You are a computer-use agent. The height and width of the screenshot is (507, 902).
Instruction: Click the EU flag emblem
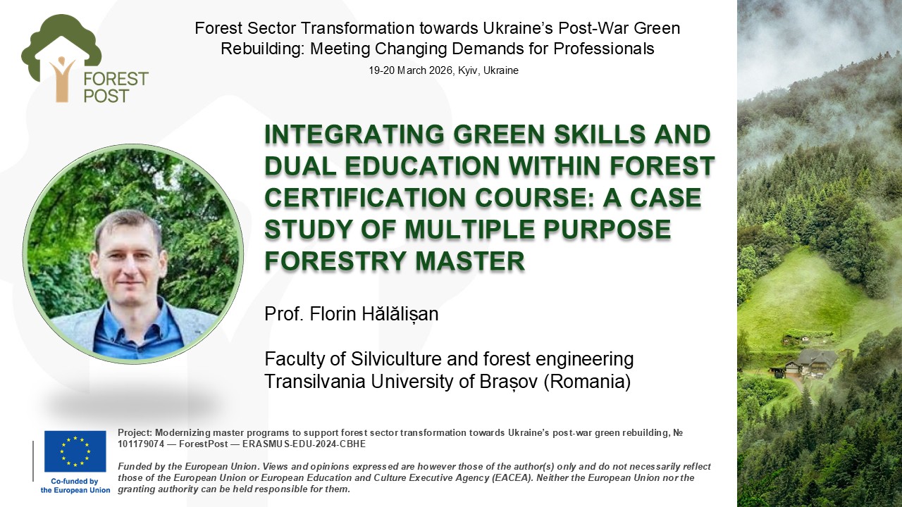[x=75, y=451]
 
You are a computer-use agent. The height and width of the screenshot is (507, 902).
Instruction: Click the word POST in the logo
[x=106, y=96]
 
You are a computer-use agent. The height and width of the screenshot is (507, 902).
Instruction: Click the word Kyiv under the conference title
[x=469, y=71]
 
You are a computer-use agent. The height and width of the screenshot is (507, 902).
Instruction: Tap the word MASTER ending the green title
[x=470, y=261]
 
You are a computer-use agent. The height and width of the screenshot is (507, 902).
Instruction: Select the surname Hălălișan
[x=400, y=314]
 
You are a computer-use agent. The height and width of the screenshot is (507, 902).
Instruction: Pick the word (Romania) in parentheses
[x=587, y=382]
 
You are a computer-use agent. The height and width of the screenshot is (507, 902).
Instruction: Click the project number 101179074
[x=141, y=444]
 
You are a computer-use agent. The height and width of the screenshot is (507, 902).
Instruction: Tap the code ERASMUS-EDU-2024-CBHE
[x=304, y=444]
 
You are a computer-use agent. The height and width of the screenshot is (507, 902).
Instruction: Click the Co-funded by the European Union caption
[x=75, y=486]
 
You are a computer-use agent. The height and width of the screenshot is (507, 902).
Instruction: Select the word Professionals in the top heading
[x=604, y=49]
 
